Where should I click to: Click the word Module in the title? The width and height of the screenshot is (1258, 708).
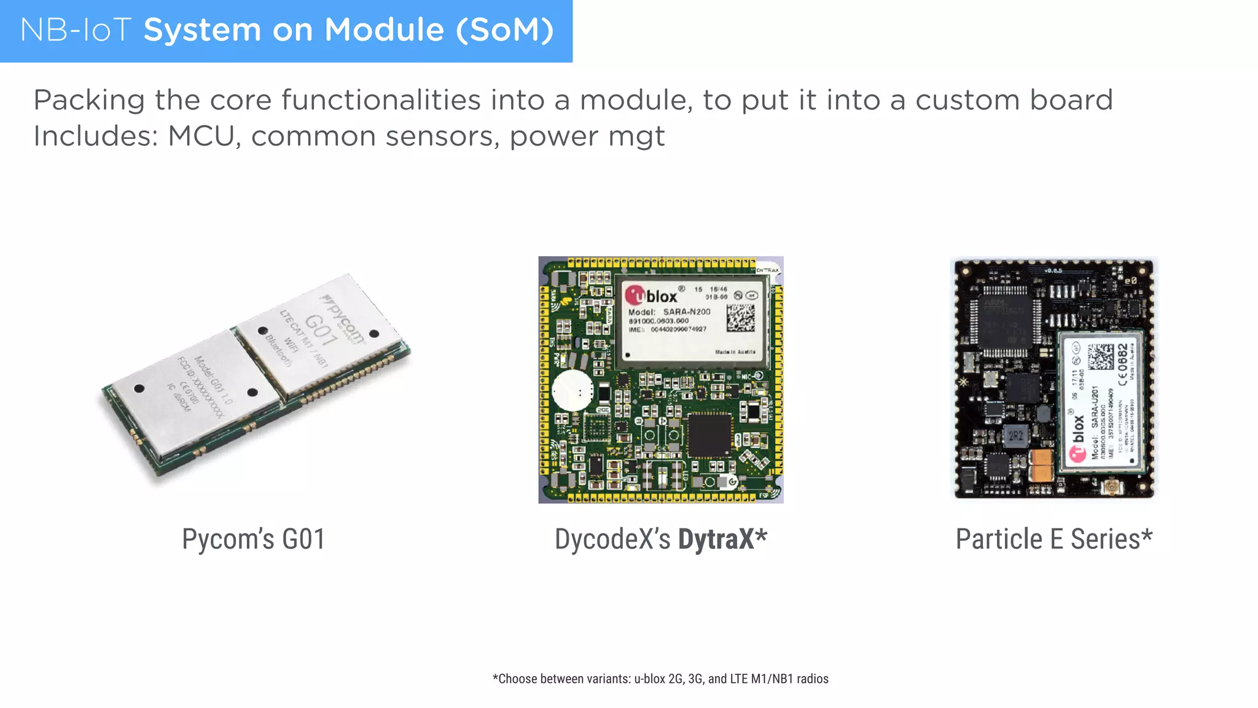384,30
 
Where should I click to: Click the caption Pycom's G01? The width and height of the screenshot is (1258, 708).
253,539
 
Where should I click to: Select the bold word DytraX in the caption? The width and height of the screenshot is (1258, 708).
716,539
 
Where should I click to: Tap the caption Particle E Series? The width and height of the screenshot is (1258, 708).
1054,539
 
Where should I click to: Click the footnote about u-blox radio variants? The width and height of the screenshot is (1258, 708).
660,678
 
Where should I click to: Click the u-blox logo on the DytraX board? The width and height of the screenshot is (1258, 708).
652,296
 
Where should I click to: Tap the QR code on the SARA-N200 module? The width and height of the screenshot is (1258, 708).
741,317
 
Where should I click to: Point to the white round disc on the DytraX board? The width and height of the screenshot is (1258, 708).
572,390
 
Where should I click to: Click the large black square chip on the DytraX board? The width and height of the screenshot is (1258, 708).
710,435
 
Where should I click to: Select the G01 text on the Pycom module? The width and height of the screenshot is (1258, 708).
321,330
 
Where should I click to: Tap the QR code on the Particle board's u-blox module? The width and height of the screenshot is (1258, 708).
1100,357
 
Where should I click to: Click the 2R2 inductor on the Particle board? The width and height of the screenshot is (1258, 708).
1015,436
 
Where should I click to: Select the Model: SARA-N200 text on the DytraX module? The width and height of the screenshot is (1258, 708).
669,312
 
